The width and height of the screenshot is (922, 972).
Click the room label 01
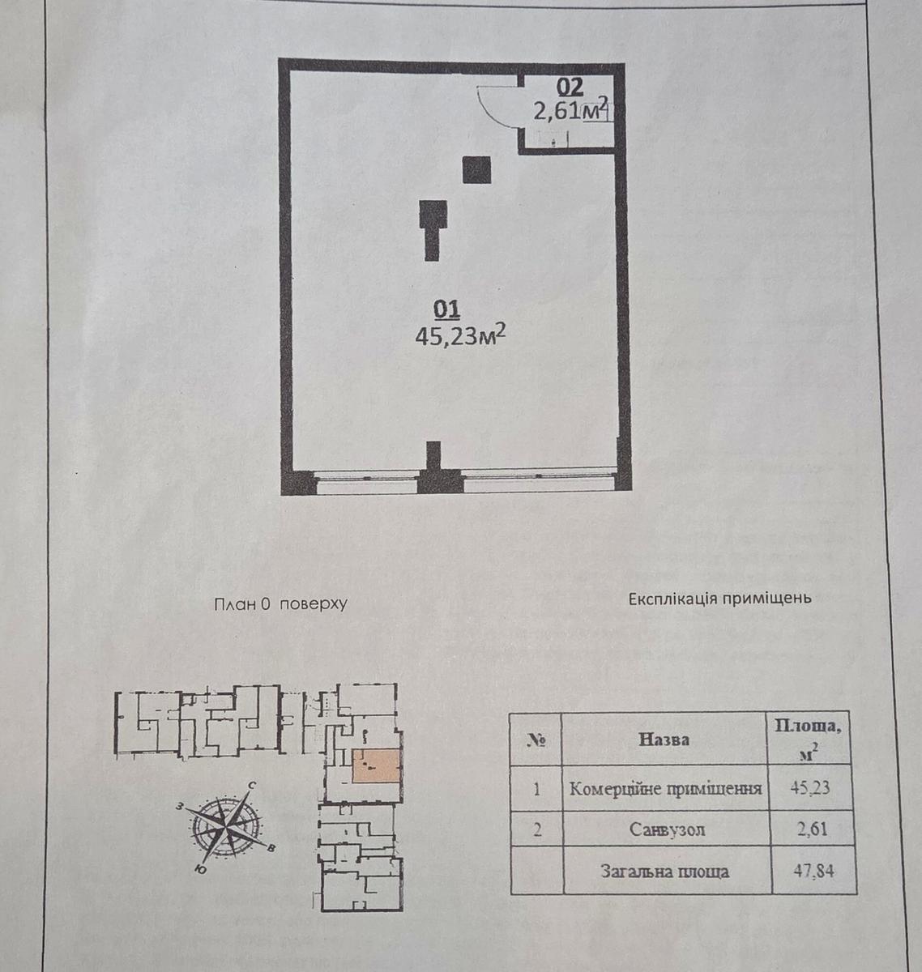447,309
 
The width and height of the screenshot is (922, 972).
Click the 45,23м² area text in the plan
461,335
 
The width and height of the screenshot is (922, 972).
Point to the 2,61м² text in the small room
569,110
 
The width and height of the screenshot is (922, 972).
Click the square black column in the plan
476,170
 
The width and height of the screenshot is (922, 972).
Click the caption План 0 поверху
280,604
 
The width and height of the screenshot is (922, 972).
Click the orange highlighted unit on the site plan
376,766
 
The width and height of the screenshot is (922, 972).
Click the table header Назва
664,740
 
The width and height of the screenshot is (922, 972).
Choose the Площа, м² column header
808,738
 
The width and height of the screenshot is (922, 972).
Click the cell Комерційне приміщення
666,788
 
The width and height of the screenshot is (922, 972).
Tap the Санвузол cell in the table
666,830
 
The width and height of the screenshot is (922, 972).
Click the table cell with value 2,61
811,829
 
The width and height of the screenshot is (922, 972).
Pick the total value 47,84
813,872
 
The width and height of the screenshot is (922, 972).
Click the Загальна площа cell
664,872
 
